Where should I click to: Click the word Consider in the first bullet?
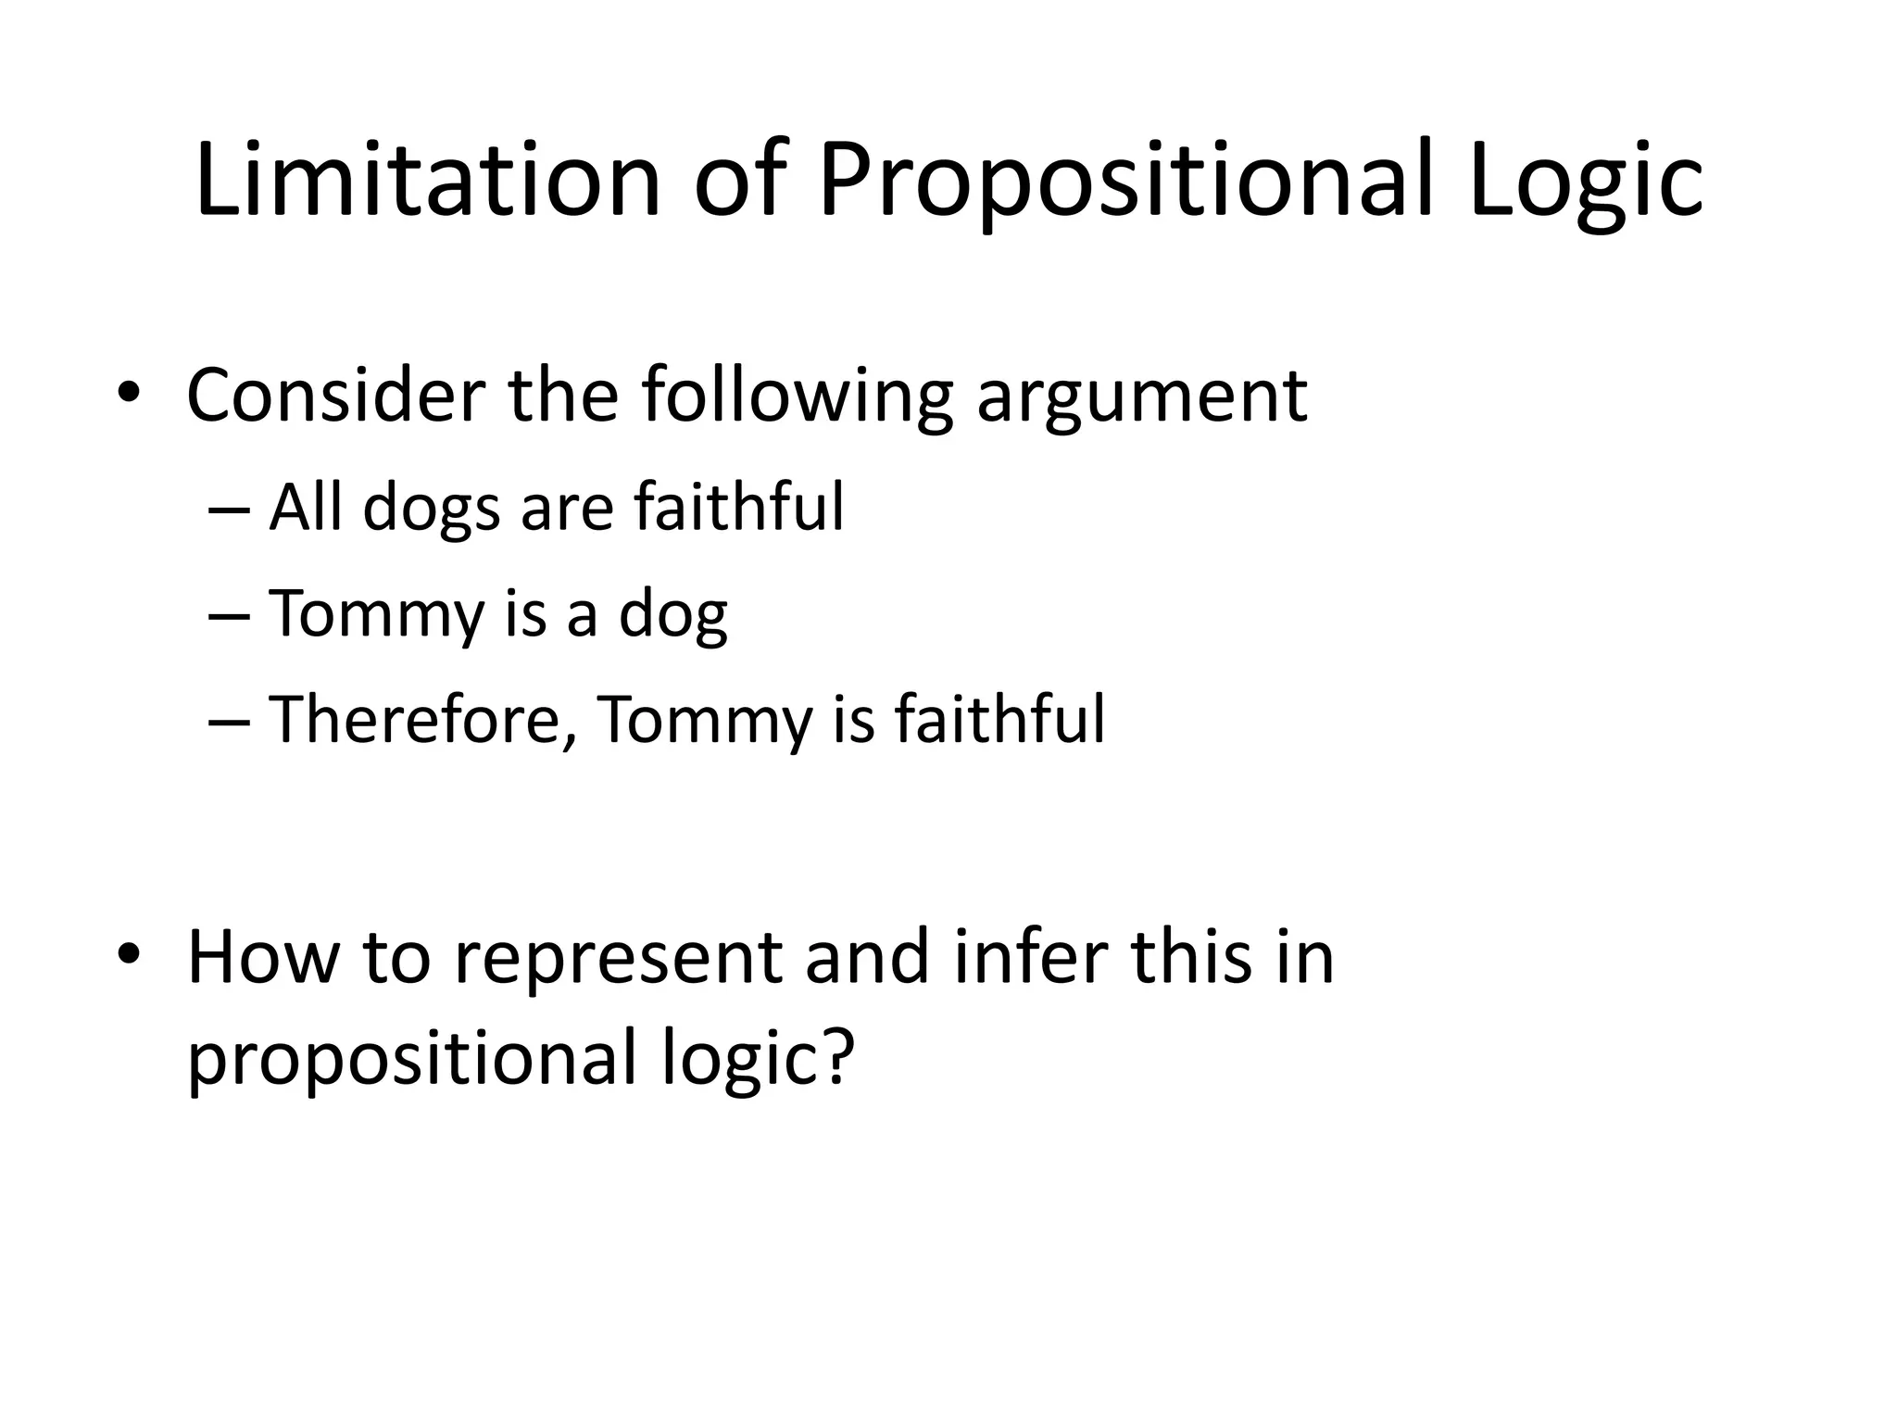334,396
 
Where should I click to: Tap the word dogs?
432,510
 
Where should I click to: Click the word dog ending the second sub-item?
673,615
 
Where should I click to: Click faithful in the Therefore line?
999,719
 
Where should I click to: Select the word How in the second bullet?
263,957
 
